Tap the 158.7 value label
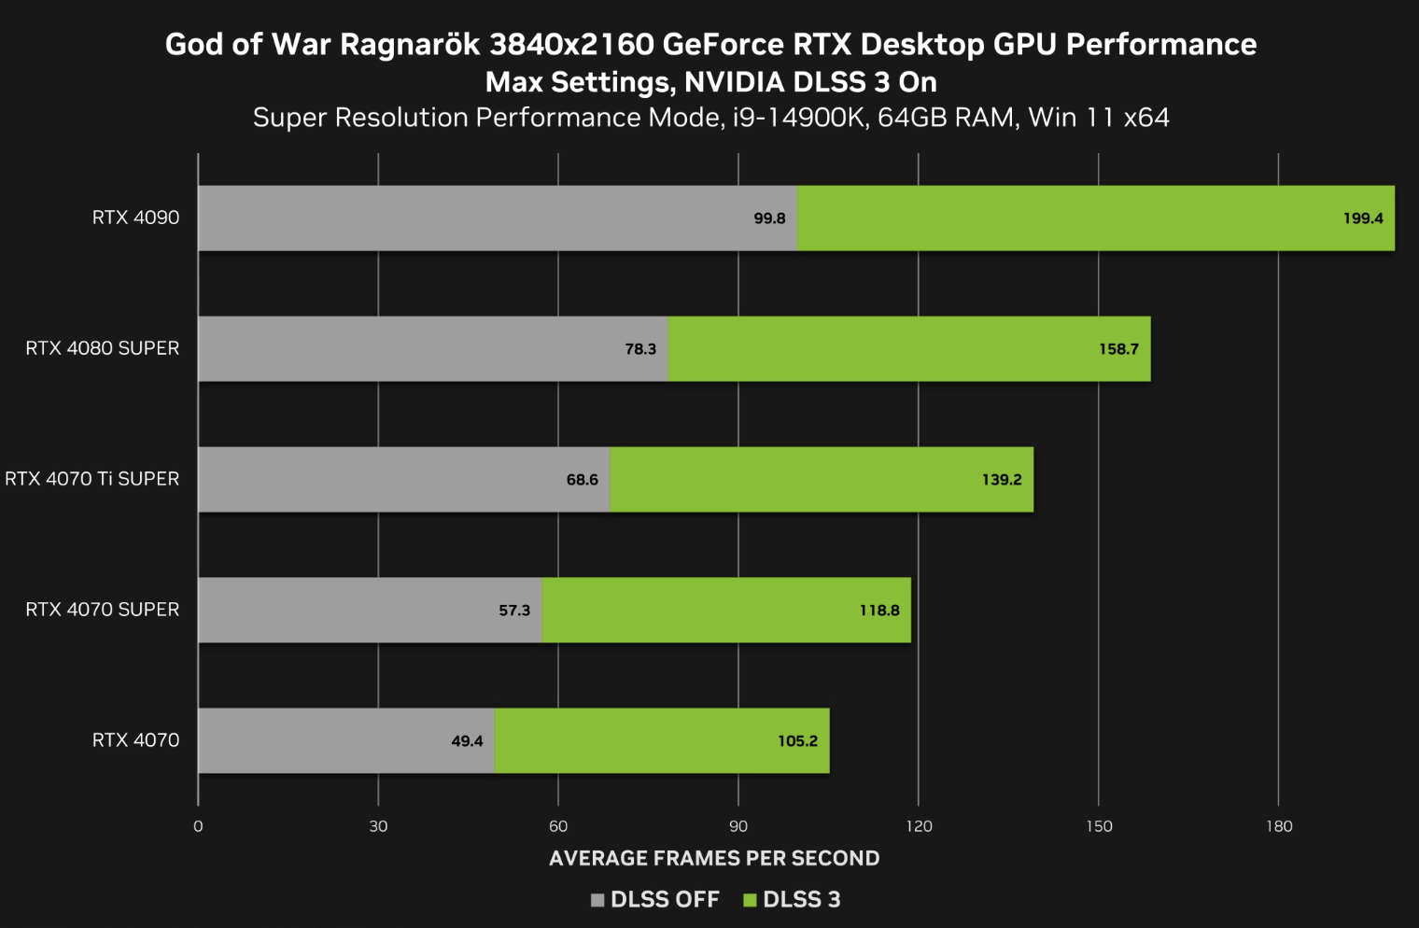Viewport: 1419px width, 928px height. tap(1118, 349)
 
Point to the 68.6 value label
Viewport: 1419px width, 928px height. tap(582, 480)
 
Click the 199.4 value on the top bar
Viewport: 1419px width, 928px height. tap(1363, 218)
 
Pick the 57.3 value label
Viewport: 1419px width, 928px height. tap(514, 611)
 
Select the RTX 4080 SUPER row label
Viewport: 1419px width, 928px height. tap(103, 348)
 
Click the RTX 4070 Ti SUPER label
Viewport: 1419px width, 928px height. tap(92, 479)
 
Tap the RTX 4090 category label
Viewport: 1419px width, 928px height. tap(135, 218)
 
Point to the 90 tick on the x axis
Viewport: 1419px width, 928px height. tap(738, 826)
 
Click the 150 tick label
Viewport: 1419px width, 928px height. tap(1099, 826)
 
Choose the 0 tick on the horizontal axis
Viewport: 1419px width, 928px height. tap(198, 826)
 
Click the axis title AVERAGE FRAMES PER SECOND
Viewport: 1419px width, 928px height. tap(714, 858)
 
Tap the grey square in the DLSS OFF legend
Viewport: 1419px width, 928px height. tap(597, 900)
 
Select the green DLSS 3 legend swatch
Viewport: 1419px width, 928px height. tap(750, 900)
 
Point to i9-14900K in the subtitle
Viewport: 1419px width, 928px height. tap(799, 118)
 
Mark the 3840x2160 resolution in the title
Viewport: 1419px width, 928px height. tap(571, 44)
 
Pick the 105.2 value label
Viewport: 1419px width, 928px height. tap(797, 741)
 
